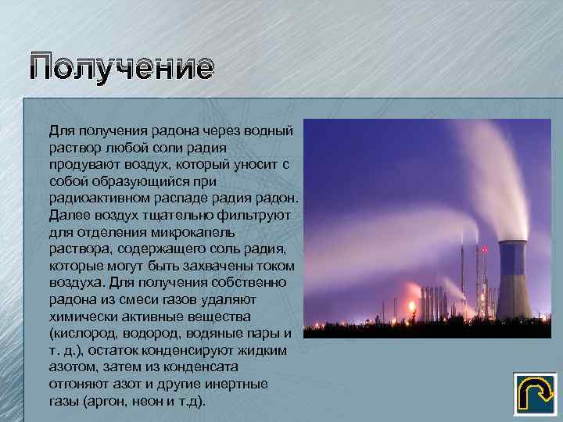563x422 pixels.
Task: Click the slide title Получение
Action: click(121, 68)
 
